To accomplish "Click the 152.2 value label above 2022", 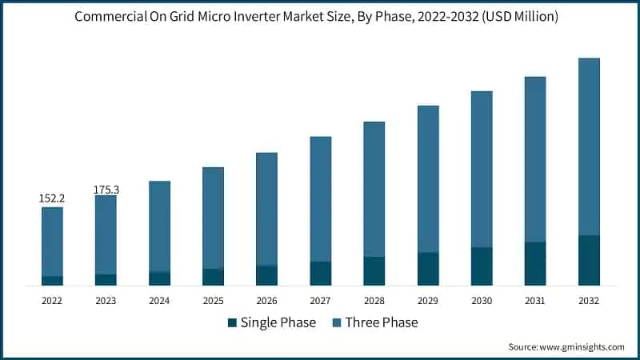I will point(52,198).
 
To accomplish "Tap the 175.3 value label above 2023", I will point(106,190).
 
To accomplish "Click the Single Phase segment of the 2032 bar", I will point(589,260).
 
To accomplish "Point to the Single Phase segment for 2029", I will point(428,269).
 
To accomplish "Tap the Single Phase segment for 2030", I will point(482,266).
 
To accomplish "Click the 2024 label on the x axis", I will point(159,300).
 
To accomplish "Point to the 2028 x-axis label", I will point(374,300).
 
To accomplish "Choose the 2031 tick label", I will point(535,300).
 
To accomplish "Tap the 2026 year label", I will point(266,300).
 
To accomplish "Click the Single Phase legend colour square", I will point(233,323).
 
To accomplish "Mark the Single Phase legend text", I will point(279,323).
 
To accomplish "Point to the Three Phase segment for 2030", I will point(482,169).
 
